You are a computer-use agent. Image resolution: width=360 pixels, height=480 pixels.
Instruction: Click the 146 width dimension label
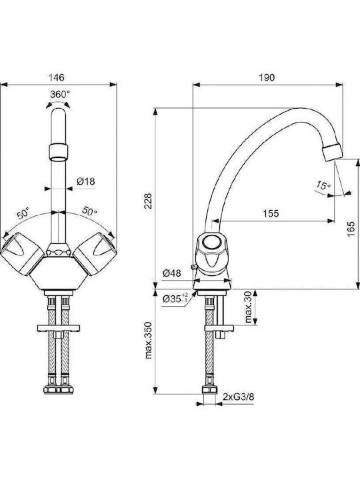[57, 77]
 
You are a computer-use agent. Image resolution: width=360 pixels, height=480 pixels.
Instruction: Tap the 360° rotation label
[60, 94]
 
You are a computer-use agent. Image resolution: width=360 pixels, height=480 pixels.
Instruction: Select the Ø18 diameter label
[86, 181]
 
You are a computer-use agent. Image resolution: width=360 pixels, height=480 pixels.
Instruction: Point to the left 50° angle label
[23, 213]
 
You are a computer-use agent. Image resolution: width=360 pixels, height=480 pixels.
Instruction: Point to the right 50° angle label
[90, 211]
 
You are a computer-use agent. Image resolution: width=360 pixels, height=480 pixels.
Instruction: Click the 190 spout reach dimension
[267, 77]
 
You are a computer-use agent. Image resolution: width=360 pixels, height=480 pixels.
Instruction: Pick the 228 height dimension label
[148, 201]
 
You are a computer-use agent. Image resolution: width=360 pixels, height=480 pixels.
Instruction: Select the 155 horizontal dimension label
[271, 213]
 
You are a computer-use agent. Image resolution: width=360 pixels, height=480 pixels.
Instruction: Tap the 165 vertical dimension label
[351, 229]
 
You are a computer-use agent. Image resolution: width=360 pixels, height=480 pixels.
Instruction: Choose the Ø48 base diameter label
[172, 273]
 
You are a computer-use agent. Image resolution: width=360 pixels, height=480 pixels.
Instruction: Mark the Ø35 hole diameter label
[175, 298]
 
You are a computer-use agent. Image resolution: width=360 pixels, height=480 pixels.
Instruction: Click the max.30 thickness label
[249, 307]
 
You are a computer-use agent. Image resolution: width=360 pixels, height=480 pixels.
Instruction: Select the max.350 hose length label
[148, 340]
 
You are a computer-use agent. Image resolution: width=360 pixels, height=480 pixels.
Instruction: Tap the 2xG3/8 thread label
[238, 397]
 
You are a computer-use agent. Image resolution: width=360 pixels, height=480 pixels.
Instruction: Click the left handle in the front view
[22, 253]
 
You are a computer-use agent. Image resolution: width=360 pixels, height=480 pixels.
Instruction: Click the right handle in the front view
[95, 253]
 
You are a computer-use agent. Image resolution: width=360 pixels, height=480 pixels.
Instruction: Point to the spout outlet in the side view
[333, 152]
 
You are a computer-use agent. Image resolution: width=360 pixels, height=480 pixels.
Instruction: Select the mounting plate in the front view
[59, 328]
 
